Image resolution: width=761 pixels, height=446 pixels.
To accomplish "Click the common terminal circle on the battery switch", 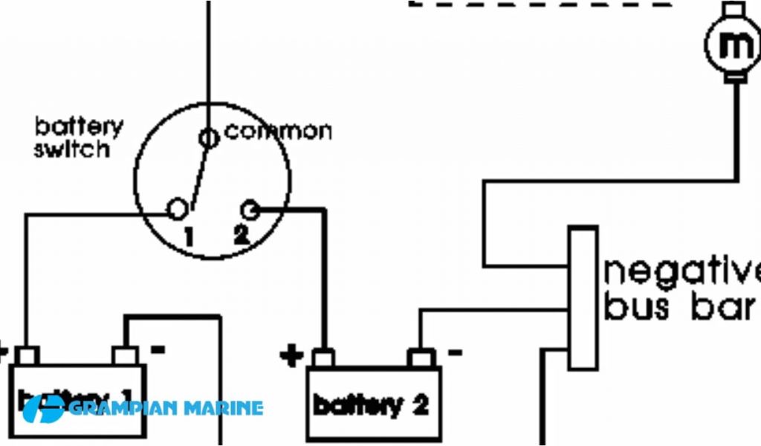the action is pos(209,137).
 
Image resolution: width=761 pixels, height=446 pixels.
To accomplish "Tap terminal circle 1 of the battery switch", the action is pos(178,210).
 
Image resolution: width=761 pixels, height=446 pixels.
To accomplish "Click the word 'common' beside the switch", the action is pos(278,132).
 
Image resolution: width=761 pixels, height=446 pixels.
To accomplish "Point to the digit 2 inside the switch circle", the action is pos(241,236).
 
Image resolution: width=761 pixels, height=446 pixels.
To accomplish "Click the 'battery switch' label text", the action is pos(78,137).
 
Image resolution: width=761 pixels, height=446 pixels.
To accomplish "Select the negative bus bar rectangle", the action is pos(583,298).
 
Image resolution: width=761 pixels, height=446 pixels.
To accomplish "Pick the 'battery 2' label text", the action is pos(371,406).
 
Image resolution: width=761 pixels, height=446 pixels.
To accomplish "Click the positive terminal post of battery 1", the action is pos(27,355).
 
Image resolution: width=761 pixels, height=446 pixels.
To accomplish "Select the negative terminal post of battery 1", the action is pos(123,355).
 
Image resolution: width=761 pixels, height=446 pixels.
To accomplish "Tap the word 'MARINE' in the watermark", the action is pos(222,408).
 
